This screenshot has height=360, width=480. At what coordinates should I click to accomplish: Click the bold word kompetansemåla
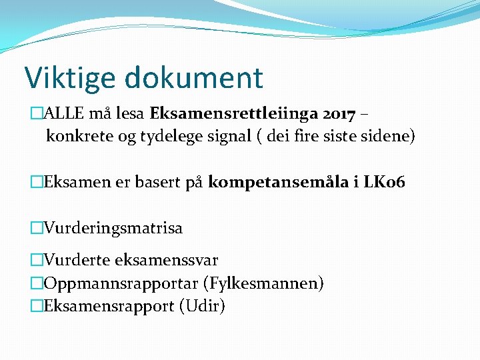278,183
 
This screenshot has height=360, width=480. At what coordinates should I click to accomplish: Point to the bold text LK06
383,183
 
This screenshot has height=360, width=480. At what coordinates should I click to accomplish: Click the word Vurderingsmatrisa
113,228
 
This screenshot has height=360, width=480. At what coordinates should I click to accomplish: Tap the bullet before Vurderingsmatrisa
37,228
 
